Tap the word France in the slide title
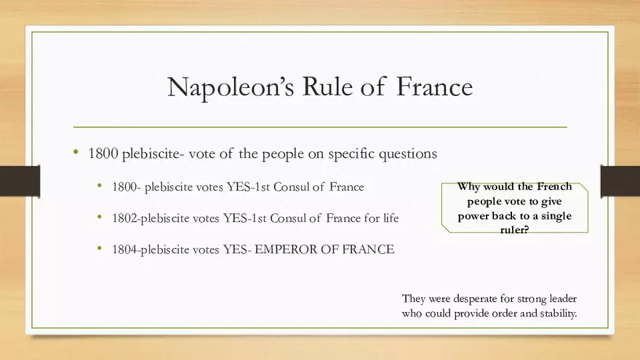(x=435, y=87)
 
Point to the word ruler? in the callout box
(x=514, y=230)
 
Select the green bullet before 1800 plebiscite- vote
(x=76, y=153)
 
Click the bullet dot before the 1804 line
(x=100, y=249)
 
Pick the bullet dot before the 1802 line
(x=100, y=217)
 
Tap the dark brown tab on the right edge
(x=620, y=180)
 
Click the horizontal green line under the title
(x=320, y=127)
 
